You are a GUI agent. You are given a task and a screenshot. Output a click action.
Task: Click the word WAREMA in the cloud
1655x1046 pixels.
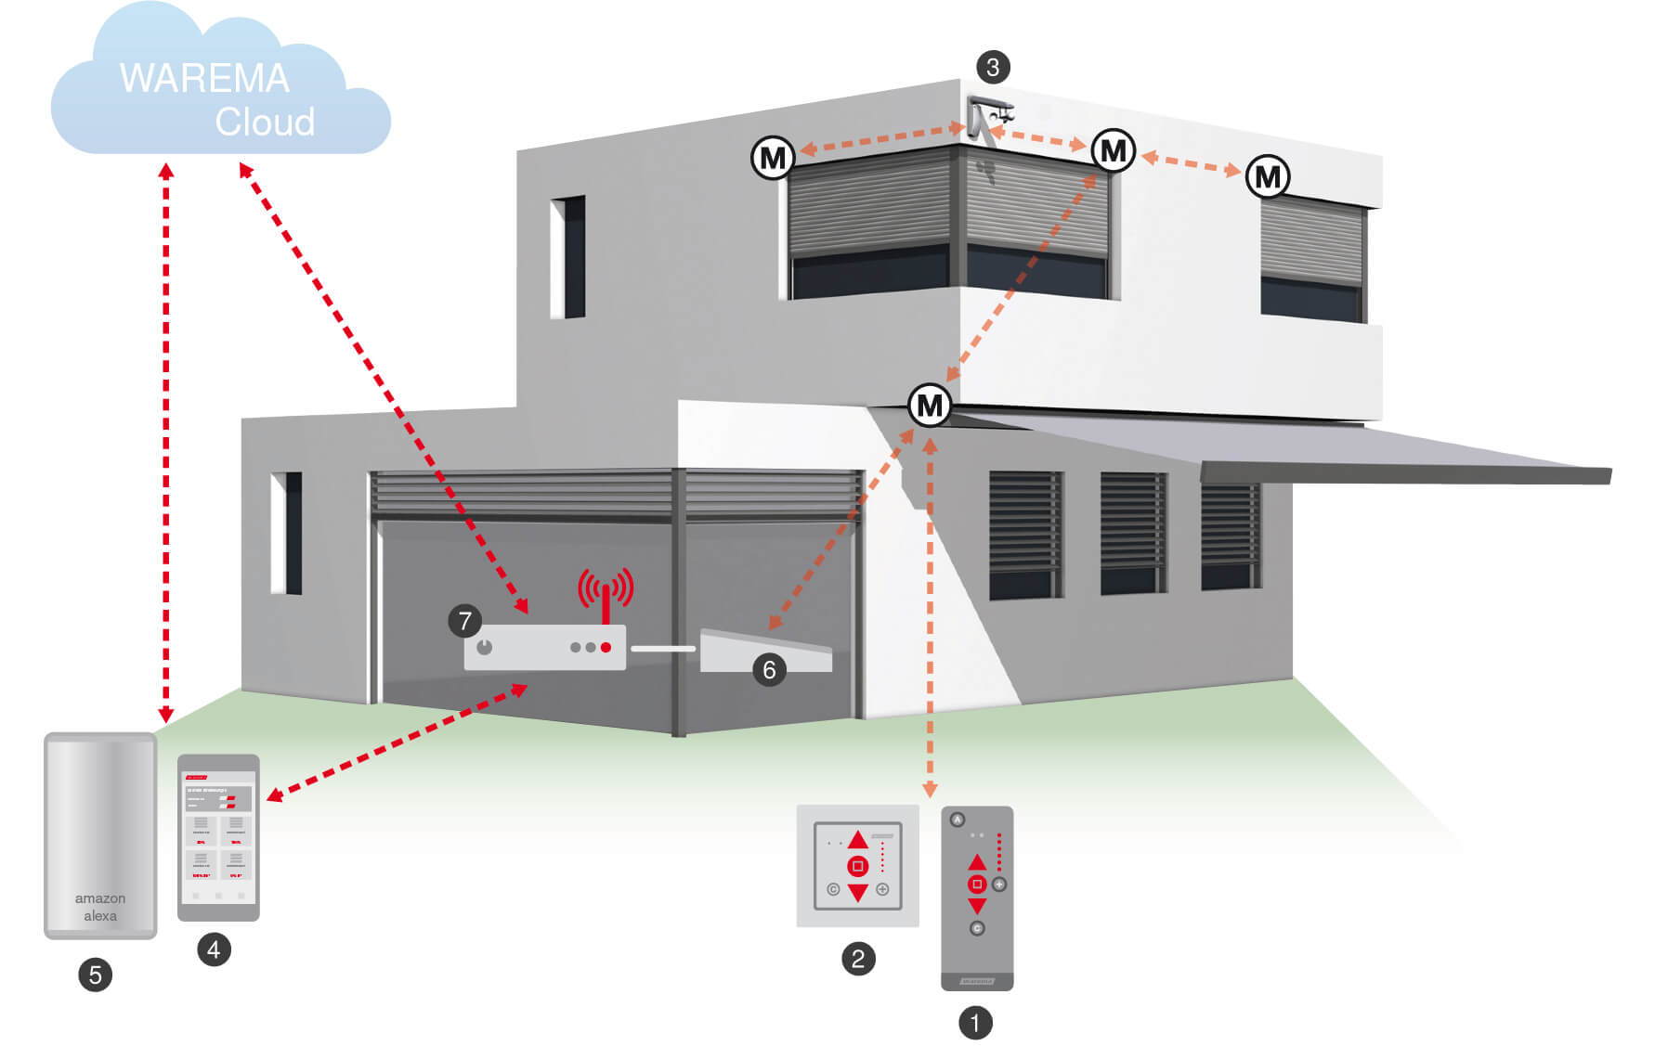[204, 79]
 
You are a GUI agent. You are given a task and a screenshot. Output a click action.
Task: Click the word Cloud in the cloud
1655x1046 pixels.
[265, 122]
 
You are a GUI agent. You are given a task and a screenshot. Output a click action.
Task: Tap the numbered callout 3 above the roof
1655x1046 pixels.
[993, 67]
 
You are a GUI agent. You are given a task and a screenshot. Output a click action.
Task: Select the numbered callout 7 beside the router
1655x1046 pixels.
[465, 620]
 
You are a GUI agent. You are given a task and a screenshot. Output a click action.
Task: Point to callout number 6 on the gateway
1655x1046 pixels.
[769, 669]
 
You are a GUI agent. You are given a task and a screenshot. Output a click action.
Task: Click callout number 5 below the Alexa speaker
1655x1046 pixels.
[95, 975]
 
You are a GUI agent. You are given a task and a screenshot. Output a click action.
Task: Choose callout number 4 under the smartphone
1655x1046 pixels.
[214, 949]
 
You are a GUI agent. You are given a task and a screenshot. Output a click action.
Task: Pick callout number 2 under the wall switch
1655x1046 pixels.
[858, 958]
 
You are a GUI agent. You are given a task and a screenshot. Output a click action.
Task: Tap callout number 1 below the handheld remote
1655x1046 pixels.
[975, 1023]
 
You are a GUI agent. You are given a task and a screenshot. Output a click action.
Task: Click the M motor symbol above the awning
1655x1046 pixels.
[930, 406]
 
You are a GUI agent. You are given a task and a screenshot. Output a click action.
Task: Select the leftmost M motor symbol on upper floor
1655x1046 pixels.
[773, 158]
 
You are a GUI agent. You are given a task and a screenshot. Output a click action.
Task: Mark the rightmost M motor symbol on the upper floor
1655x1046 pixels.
[1268, 176]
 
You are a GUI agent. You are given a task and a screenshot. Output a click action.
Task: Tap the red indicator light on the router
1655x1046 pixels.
[606, 647]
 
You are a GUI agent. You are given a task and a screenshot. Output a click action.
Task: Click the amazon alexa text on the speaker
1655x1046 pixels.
[100, 907]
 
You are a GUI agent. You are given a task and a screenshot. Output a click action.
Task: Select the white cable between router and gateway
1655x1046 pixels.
[663, 648]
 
